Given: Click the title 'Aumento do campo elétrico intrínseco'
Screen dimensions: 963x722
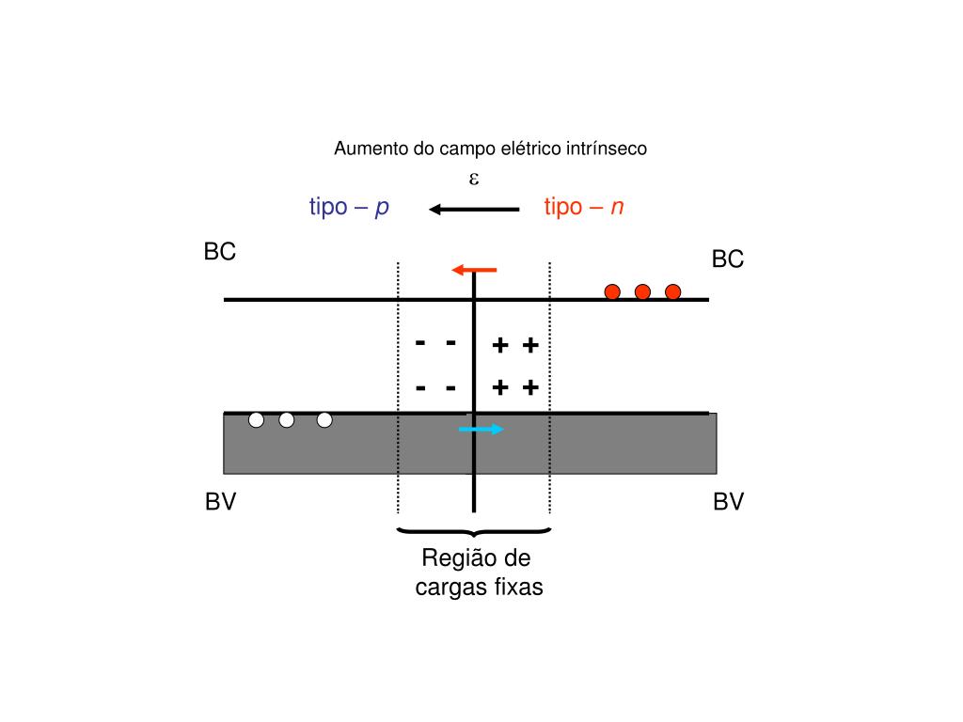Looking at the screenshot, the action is coord(491,149).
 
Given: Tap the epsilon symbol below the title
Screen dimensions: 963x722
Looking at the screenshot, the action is coord(475,178).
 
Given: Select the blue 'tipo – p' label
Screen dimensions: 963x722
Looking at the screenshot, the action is coord(349,208).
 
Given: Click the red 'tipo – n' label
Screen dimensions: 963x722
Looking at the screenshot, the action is coord(584,208).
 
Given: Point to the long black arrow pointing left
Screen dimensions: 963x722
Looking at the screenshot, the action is coord(474,209).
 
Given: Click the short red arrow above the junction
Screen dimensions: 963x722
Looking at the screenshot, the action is coord(474,271).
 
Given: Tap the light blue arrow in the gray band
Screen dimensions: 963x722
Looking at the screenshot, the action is coord(481,430).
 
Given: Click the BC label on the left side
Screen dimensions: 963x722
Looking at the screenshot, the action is coord(220,252).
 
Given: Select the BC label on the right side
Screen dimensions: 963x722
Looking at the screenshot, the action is coord(728,259).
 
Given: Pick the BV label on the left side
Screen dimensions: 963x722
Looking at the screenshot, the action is coord(221,503).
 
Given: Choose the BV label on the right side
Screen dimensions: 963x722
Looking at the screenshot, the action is coord(728,503).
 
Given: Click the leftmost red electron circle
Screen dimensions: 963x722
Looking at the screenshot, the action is coord(612,291).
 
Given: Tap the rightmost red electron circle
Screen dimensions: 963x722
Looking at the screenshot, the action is coord(672,291).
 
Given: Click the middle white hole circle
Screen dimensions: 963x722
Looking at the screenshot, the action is coord(287,420).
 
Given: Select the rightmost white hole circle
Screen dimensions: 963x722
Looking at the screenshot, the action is coord(324,420).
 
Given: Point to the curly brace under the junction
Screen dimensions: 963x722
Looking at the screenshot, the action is coord(474,532).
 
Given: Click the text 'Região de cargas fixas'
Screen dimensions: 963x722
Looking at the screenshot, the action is coord(479,573).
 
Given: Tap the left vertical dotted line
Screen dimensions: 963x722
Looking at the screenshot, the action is coord(399,385).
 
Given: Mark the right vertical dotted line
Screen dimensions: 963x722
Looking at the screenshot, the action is coord(549,385).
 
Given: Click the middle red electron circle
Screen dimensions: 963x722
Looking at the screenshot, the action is coord(642,291).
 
